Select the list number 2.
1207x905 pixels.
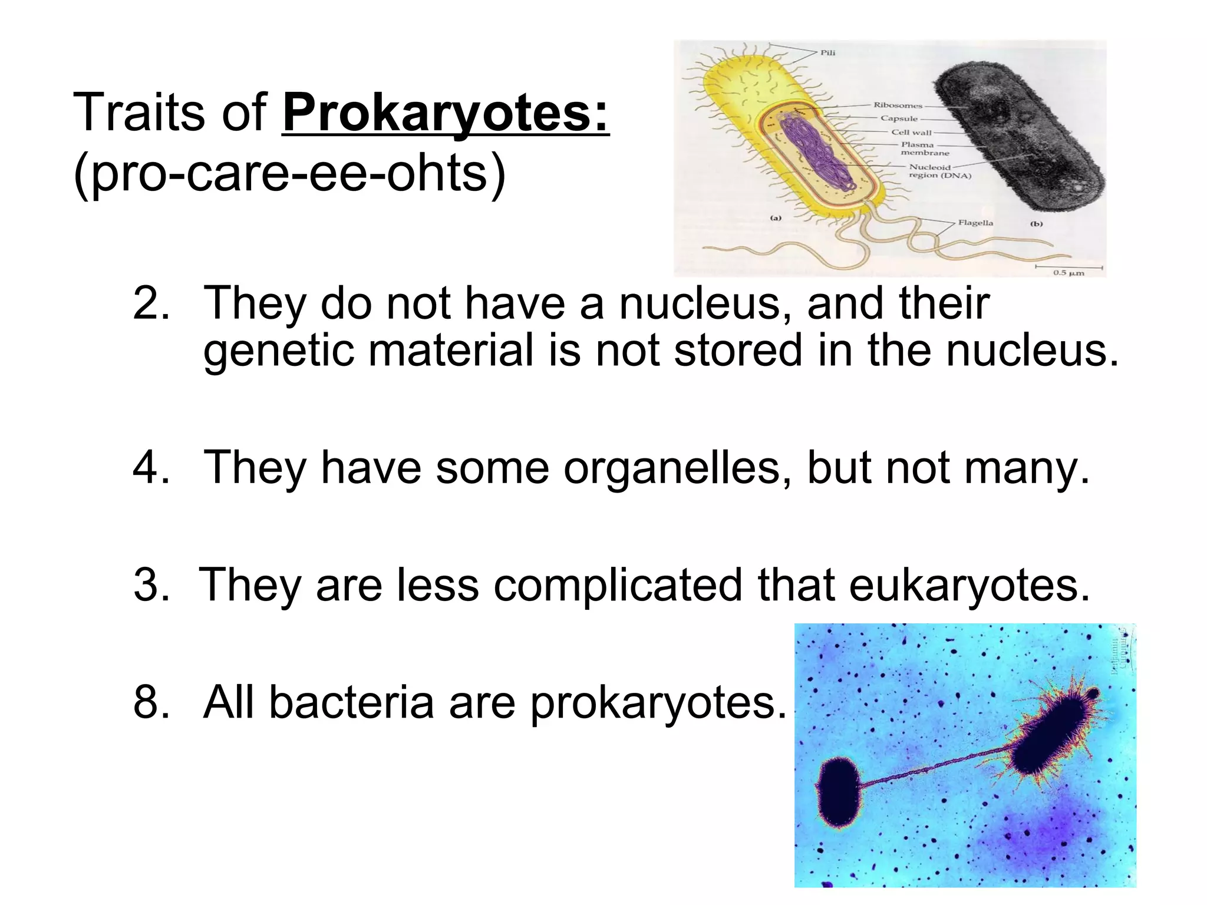tap(151, 304)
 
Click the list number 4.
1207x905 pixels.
tap(151, 468)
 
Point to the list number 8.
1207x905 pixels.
tap(151, 702)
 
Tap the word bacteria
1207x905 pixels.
tap(351, 702)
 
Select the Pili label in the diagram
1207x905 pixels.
tap(827, 53)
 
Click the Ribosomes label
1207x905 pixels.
tap(897, 105)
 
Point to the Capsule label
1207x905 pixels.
tap(899, 118)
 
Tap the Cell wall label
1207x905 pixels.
tap(911, 132)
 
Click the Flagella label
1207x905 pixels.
tap(975, 223)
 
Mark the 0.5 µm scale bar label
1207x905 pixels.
tap(1069, 273)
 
